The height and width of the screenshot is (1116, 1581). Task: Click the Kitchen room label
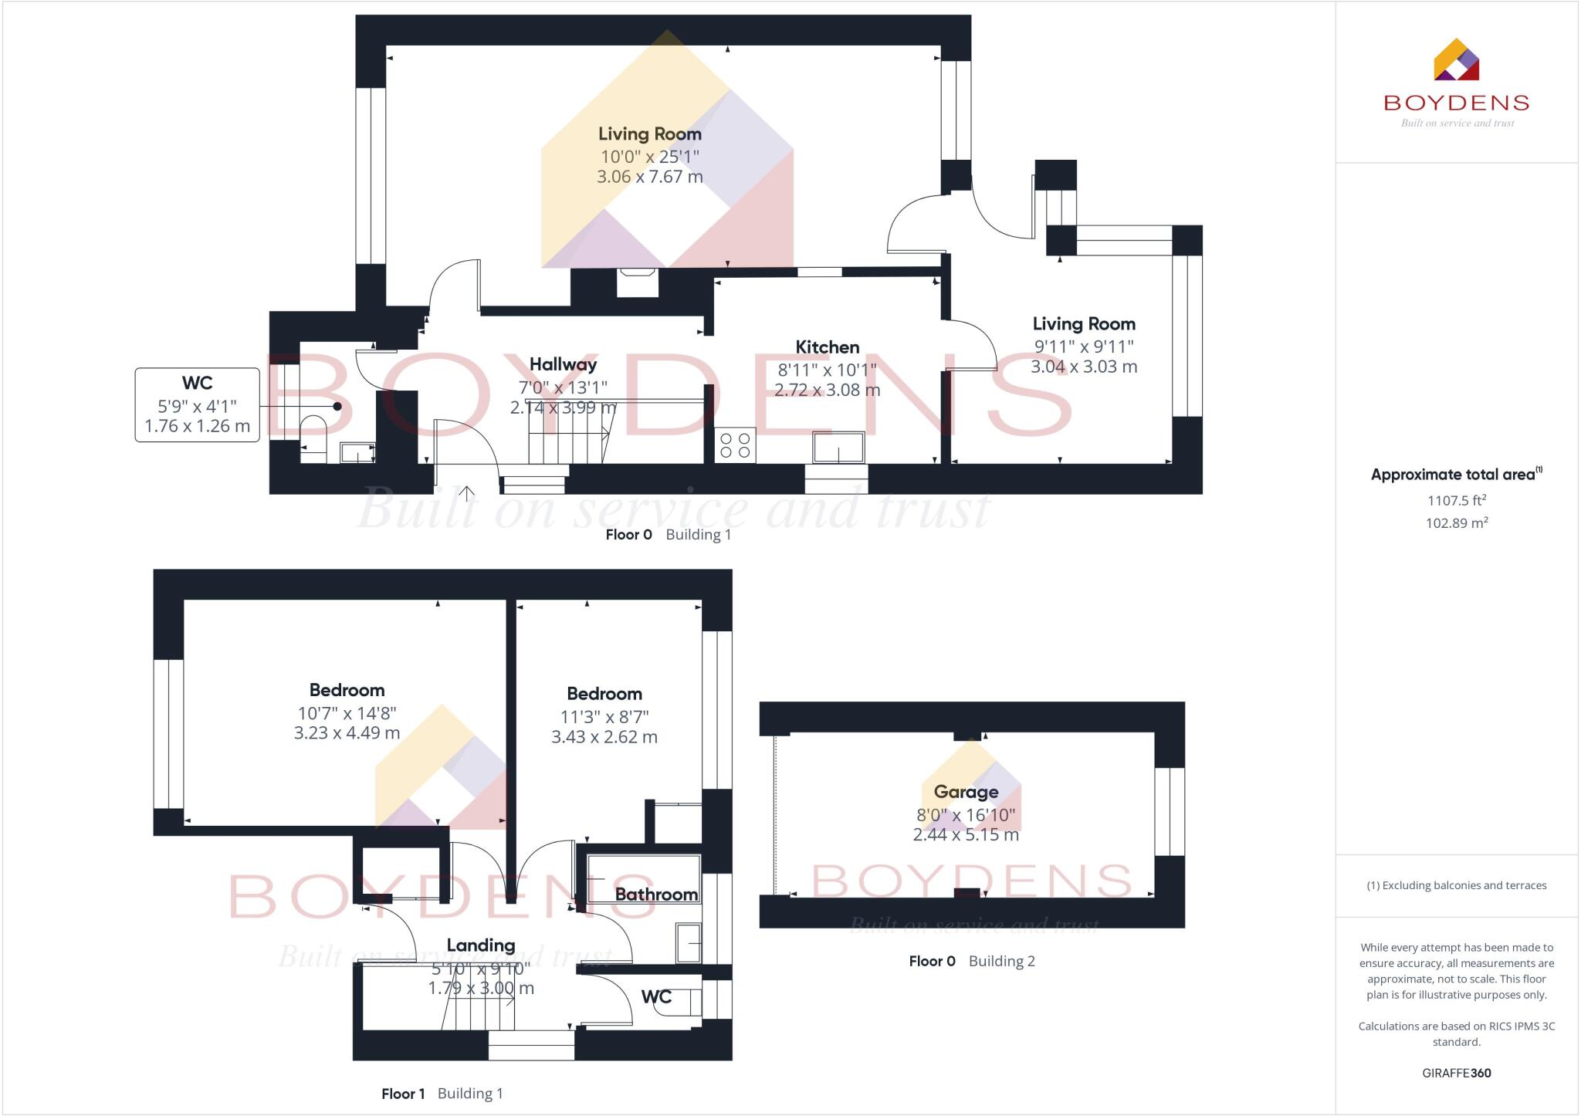click(828, 347)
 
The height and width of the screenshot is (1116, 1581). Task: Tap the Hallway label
click(563, 365)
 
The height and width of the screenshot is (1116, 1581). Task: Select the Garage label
click(966, 792)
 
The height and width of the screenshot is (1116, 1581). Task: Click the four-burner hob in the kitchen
click(735, 445)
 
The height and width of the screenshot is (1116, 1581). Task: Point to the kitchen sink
click(838, 447)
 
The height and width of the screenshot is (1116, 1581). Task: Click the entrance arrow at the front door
click(467, 494)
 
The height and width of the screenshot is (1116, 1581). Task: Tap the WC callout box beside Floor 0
click(198, 404)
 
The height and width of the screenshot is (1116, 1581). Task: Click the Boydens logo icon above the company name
click(1456, 59)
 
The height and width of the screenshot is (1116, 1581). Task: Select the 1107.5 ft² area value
click(1457, 500)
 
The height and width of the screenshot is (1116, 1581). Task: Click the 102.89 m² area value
click(1457, 522)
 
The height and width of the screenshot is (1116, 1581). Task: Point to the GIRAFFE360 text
click(1457, 1073)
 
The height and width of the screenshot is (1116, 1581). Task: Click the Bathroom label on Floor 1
click(656, 894)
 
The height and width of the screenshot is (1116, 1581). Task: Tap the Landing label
click(481, 946)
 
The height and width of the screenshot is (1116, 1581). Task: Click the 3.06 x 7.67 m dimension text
click(650, 177)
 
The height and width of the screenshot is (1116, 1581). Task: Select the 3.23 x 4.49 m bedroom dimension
click(347, 733)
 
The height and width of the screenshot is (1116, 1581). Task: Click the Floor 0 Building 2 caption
click(972, 961)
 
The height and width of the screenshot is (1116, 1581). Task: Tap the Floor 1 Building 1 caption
click(442, 1094)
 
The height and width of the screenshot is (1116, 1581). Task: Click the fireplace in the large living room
click(638, 282)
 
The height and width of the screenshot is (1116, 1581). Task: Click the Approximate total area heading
click(1457, 474)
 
